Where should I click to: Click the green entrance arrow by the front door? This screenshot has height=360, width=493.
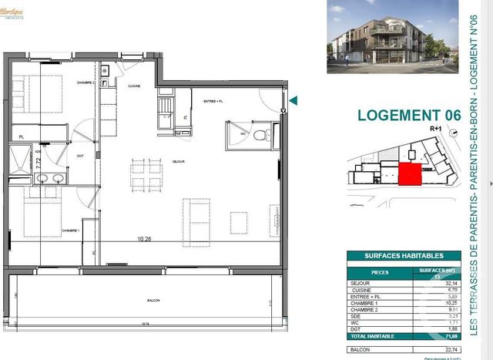pos(293,99)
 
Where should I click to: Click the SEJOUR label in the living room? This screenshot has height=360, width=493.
pos(179,161)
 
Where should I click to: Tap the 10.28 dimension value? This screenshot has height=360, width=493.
pos(139,240)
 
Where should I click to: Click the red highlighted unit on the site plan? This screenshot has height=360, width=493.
pos(409,174)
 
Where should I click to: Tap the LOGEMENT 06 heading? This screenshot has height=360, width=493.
pos(409,115)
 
